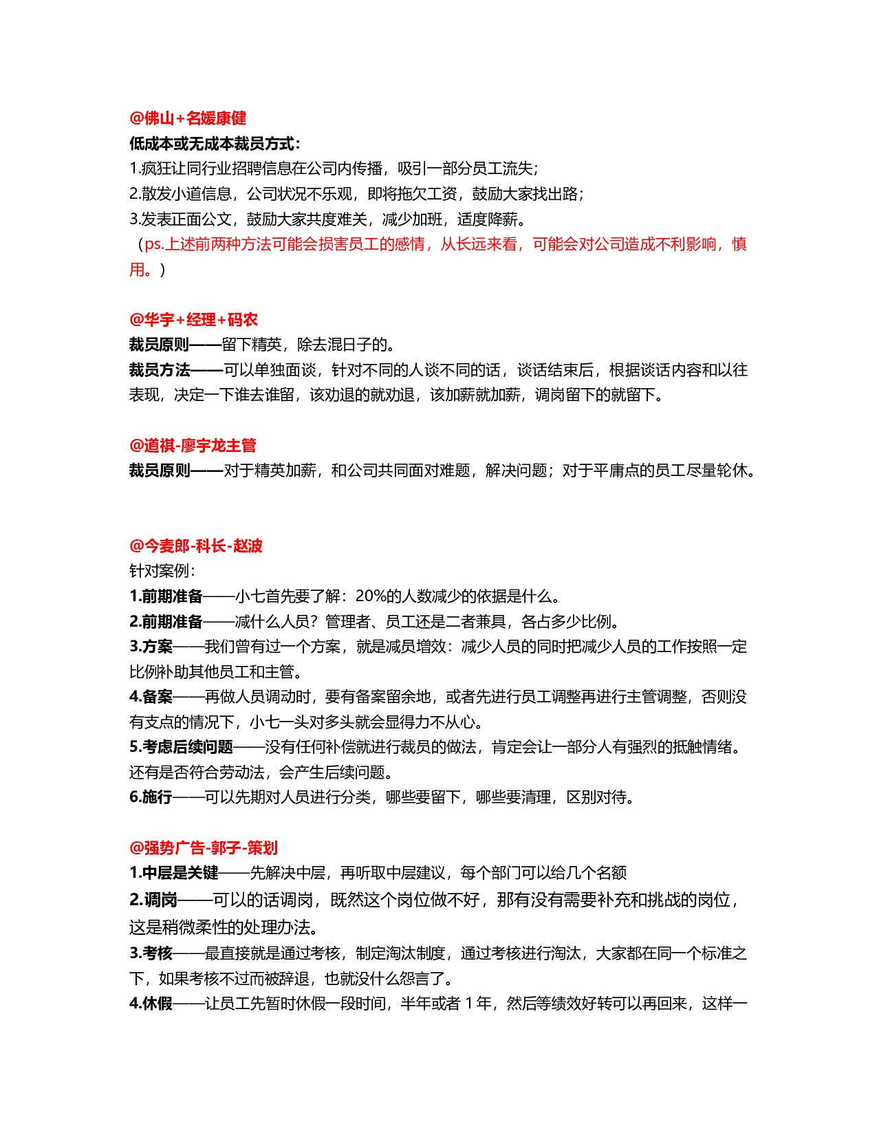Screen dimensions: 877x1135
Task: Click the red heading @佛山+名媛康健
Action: tap(188, 118)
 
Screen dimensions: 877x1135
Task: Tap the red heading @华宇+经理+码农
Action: tap(193, 319)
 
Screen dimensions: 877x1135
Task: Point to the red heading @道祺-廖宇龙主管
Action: tap(193, 445)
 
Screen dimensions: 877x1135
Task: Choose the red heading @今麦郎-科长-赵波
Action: tap(196, 545)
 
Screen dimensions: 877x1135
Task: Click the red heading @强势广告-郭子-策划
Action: tap(203, 847)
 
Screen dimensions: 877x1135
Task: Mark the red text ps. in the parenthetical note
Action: tap(154, 244)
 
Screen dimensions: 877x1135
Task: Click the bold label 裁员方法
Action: tap(160, 370)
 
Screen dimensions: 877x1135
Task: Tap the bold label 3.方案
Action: tap(151, 646)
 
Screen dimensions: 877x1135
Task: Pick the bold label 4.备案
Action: tap(151, 696)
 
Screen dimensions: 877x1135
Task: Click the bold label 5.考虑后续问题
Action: tap(181, 747)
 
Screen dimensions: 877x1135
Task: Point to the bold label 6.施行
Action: tap(151, 797)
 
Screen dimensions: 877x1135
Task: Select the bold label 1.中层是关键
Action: tap(173, 873)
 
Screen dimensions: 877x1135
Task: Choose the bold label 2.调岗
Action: tap(153, 900)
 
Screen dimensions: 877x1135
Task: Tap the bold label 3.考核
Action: tap(151, 953)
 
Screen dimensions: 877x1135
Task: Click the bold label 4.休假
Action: tap(151, 1004)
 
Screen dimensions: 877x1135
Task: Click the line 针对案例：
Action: tap(162, 571)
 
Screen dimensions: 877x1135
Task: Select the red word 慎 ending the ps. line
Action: tap(739, 244)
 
